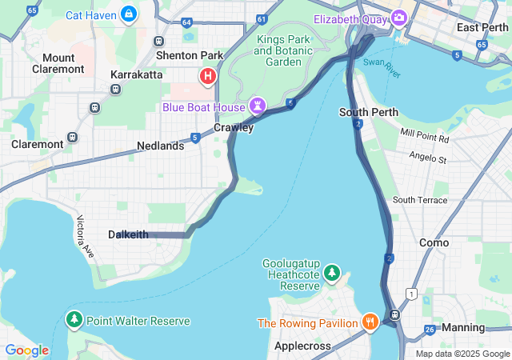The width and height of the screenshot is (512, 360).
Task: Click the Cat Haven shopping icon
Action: [128, 14]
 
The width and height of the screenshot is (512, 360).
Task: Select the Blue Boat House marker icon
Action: [257, 106]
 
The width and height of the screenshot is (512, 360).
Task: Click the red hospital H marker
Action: [208, 77]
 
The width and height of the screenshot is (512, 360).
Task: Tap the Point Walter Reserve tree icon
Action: [74, 321]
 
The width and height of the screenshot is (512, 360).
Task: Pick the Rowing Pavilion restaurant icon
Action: [370, 322]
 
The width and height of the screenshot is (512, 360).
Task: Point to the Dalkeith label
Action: [128, 234]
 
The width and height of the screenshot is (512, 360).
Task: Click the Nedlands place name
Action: [160, 146]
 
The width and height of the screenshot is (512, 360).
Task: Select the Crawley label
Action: [234, 127]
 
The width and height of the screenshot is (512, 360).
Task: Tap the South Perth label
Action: [364, 112]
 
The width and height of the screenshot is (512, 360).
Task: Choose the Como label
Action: [434, 242]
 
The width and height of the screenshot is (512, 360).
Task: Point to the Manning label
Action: [463, 327]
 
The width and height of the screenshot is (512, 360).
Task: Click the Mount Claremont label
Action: [58, 63]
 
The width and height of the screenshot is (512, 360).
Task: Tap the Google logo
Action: [26, 350]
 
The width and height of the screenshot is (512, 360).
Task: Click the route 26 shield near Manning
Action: [430, 329]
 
